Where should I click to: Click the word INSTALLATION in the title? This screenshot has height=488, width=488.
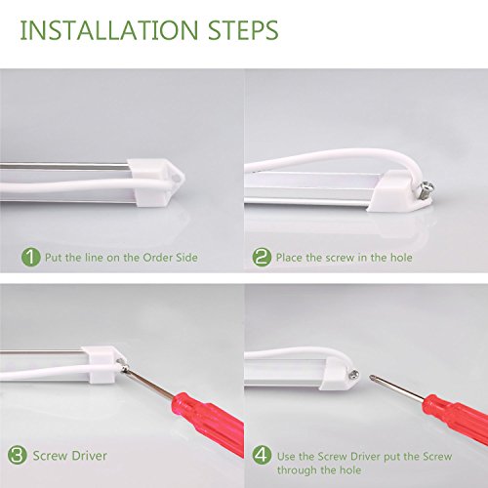(109, 30)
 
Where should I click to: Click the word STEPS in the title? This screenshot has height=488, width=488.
(243, 30)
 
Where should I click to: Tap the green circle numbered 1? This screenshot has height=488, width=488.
(31, 258)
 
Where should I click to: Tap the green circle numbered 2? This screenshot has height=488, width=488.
(262, 258)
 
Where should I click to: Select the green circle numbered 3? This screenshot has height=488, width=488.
(18, 455)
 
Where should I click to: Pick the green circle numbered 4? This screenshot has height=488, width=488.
(263, 455)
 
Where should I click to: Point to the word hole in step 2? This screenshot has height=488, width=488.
(401, 258)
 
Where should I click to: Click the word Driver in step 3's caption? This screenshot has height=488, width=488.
(89, 456)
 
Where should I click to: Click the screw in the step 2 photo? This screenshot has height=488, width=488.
(427, 190)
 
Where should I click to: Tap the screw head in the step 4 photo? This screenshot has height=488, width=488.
(354, 375)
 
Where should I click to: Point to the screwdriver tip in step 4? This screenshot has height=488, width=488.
(371, 378)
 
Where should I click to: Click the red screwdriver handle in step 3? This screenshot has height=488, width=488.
(208, 423)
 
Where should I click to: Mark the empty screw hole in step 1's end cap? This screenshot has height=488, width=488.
(177, 178)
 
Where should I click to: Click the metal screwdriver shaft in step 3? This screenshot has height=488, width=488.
(150, 384)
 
